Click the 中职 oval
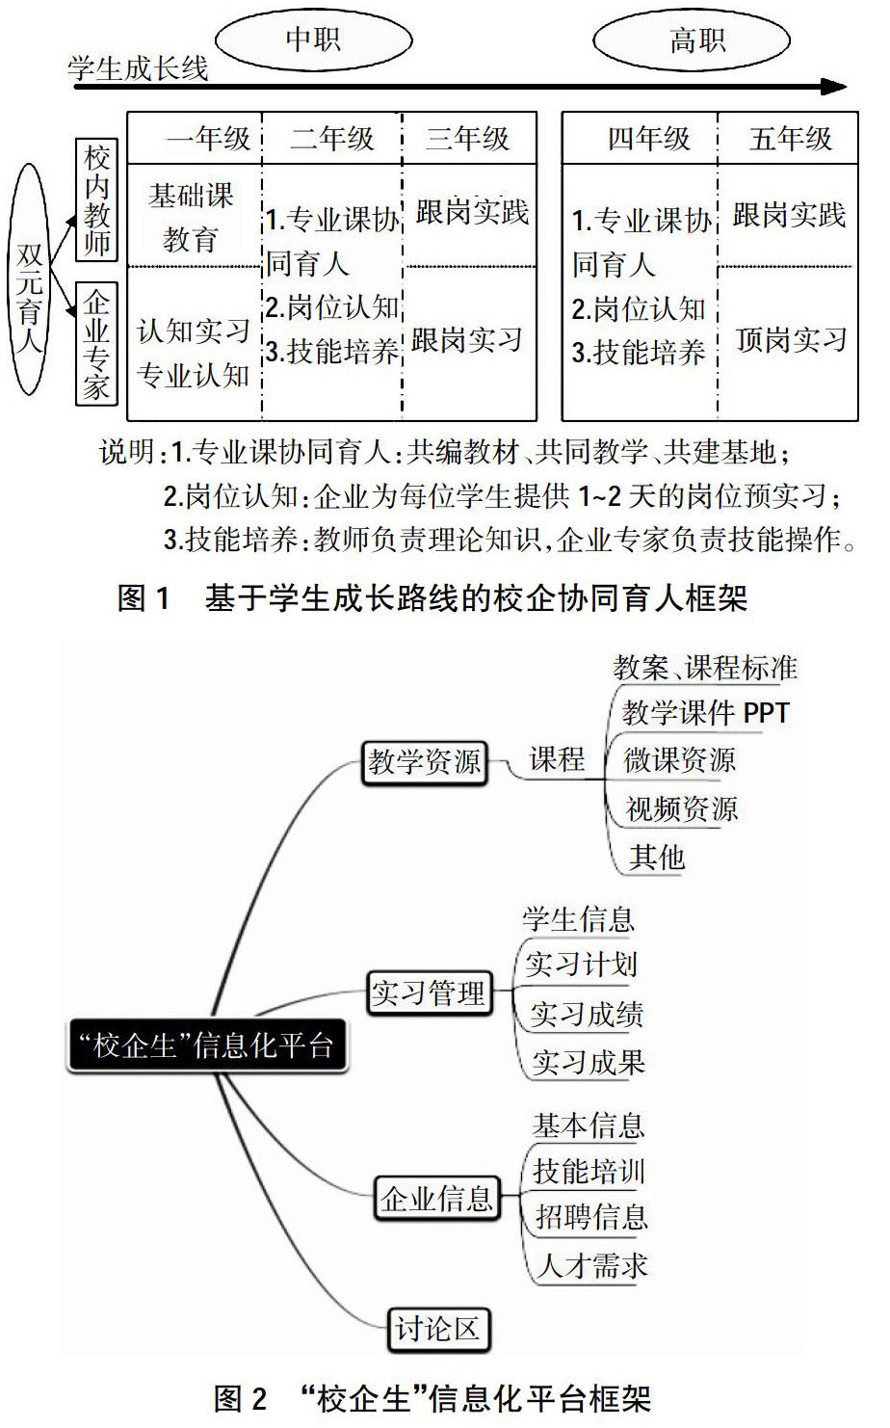pyautogui.click(x=313, y=40)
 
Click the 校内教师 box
pyautogui.click(x=96, y=200)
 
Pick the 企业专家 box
pyautogui.click(x=96, y=345)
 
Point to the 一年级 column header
pyautogui.click(x=208, y=139)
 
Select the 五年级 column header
pyautogui.click(x=790, y=139)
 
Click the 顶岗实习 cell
pyautogui.click(x=791, y=339)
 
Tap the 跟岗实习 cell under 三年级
pyautogui.click(x=467, y=339)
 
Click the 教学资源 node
pyautogui.click(x=424, y=761)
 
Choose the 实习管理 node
pyautogui.click(x=429, y=992)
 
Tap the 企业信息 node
pyautogui.click(x=436, y=1199)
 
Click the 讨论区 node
pyautogui.click(x=436, y=1330)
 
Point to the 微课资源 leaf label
pyautogui.click(x=679, y=760)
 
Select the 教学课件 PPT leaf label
pyautogui.click(x=705, y=713)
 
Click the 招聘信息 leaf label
pyautogui.click(x=590, y=1217)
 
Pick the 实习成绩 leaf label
pyautogui.click(x=587, y=1014)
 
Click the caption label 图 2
pyautogui.click(x=239, y=1398)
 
